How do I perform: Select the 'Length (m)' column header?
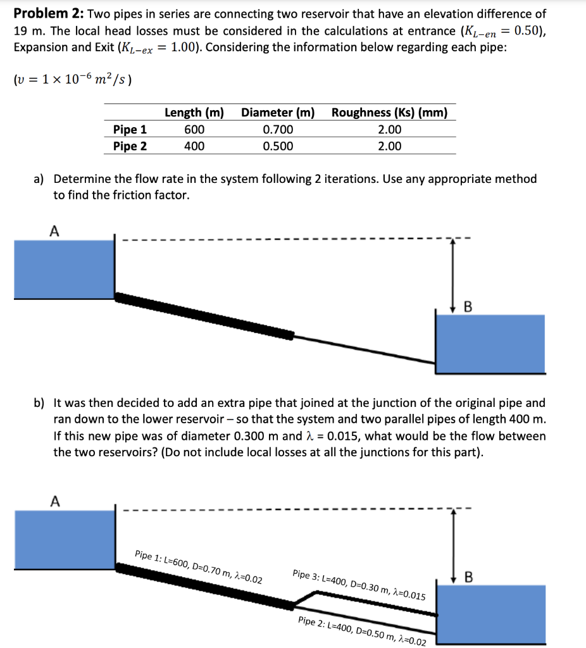pos(194,113)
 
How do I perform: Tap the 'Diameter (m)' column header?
pos(278,113)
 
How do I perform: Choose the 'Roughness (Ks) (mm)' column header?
pos(389,113)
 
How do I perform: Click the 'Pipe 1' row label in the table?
pos(130,130)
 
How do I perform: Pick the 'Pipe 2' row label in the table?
pos(130,146)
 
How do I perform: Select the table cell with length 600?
pos(194,130)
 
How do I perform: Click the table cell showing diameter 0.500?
pos(278,146)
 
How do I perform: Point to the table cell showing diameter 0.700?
pos(278,130)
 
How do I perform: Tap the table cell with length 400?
pos(194,146)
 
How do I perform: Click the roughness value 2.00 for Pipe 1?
pos(389,130)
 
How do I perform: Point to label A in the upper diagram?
pos(54,232)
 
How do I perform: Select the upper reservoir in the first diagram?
pos(63,269)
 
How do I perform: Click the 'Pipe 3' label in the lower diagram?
pos(359,585)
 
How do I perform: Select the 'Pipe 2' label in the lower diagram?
pos(361,630)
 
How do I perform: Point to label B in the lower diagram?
pos(468,576)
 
